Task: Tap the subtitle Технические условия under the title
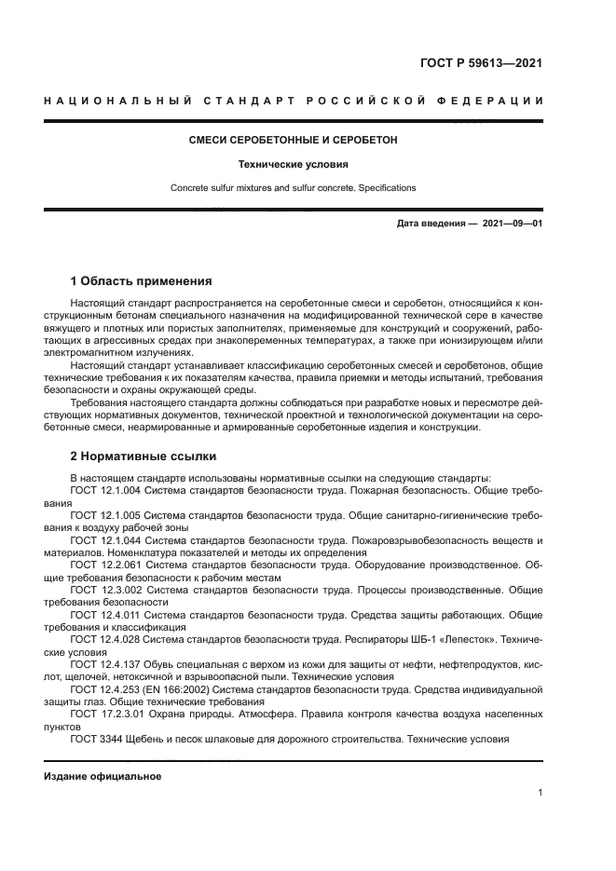pos(293,164)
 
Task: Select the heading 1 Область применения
pos(141,280)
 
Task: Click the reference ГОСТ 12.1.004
pos(105,489)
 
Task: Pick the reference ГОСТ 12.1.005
pos(105,514)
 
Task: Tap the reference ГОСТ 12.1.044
pos(105,540)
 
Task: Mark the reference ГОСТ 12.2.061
pos(105,565)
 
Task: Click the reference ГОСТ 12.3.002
pos(105,590)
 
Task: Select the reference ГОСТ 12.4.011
pos(105,615)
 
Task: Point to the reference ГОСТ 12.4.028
pos(105,640)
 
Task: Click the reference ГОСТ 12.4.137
pos(105,665)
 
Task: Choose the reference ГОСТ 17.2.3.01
pos(107,714)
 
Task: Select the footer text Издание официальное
pos(103,776)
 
